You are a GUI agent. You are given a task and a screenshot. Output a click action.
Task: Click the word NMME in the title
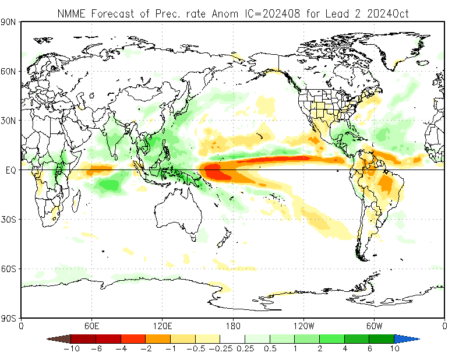[x=69, y=12]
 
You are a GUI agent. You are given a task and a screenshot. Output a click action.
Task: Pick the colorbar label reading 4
[x=344, y=348]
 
